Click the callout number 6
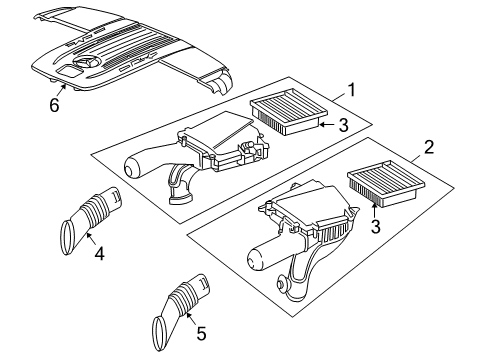tap(54, 105)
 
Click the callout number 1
tap(351, 90)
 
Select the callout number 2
tap(428, 147)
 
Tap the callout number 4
tap(99, 254)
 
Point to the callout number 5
tap(201, 333)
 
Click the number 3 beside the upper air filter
tap(343, 125)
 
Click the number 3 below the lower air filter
tap(375, 226)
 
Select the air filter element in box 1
tap(289, 111)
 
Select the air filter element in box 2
tap(386, 184)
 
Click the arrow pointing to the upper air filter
tap(327, 125)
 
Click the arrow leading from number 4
tap(90, 239)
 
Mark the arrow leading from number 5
tap(191, 317)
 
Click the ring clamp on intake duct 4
tap(68, 238)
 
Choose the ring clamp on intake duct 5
tap(160, 334)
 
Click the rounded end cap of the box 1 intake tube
tap(131, 167)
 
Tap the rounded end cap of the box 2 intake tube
tap(255, 259)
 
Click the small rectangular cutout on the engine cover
tap(67, 71)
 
